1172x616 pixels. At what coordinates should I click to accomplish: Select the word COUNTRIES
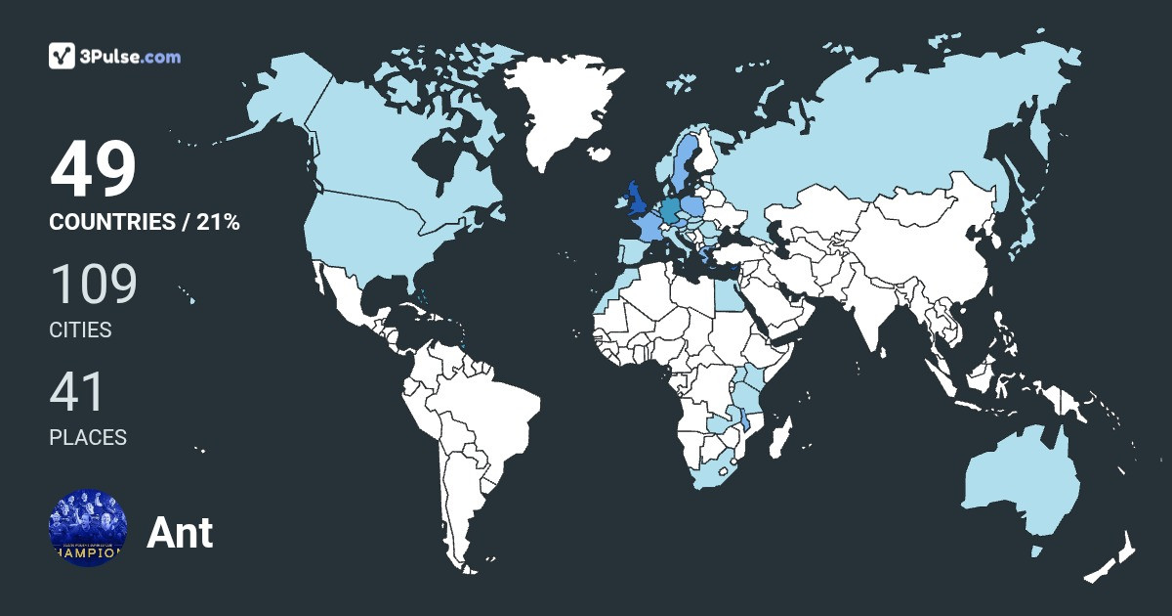pyautogui.click(x=110, y=222)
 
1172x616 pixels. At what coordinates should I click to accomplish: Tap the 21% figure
pyautogui.click(x=218, y=222)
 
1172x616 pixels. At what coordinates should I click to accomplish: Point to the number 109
pyautogui.click(x=93, y=285)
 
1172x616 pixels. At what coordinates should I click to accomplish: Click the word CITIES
pyautogui.click(x=80, y=330)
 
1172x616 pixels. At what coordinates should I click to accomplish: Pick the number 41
pyautogui.click(x=77, y=392)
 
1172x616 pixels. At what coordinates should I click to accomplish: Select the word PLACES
pyautogui.click(x=88, y=438)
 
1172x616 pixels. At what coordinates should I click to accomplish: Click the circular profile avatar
pyautogui.click(x=88, y=527)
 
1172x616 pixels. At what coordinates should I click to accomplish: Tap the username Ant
pyautogui.click(x=180, y=533)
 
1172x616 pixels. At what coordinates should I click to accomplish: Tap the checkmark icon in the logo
pyautogui.click(x=62, y=56)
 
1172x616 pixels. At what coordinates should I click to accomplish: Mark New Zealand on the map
pyautogui.click(x=1109, y=562)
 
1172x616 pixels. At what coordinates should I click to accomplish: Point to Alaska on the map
pyautogui.click(x=278, y=98)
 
